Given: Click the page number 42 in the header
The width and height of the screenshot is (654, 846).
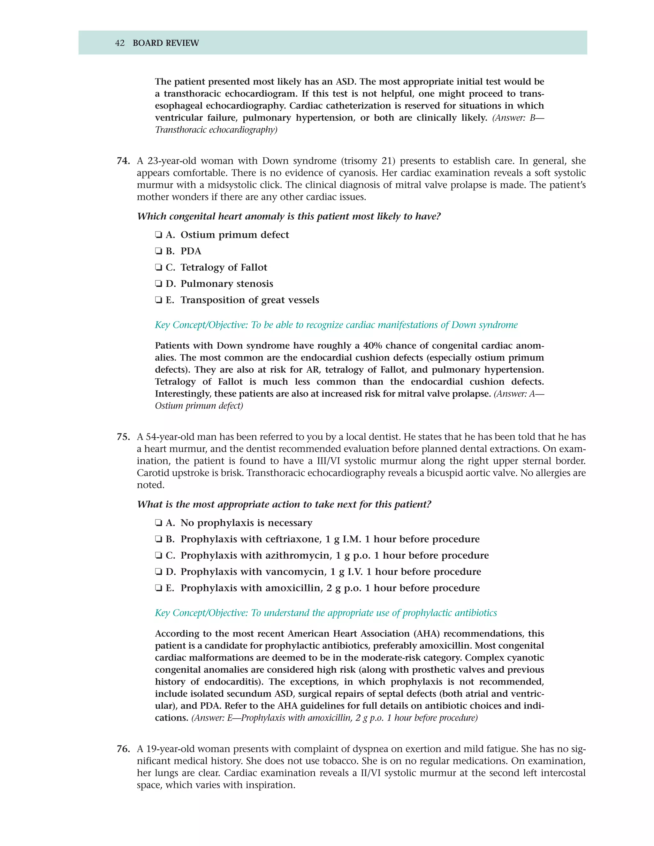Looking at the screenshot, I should tap(120, 43).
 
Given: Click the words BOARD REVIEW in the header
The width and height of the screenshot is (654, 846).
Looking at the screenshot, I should tap(165, 43).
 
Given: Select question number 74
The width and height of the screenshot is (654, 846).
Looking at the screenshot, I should tap(123, 161).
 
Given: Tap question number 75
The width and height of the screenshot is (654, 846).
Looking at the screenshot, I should tap(123, 437).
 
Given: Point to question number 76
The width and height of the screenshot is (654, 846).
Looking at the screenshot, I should tap(123, 749).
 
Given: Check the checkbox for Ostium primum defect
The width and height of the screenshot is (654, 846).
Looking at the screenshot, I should tap(158, 235).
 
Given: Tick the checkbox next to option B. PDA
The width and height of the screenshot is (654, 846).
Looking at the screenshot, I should tap(158, 251).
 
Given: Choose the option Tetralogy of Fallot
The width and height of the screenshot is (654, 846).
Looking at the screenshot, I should tap(224, 268).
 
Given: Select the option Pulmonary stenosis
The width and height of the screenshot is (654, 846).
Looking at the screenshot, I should tap(227, 284).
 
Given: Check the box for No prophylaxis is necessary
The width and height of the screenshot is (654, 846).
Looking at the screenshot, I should tap(158, 523).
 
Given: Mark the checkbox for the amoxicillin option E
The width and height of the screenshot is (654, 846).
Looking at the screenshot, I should tap(158, 588).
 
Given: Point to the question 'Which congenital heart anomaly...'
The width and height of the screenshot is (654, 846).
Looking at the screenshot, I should tap(289, 216).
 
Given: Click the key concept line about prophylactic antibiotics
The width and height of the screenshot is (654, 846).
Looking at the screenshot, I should tap(325, 613).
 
